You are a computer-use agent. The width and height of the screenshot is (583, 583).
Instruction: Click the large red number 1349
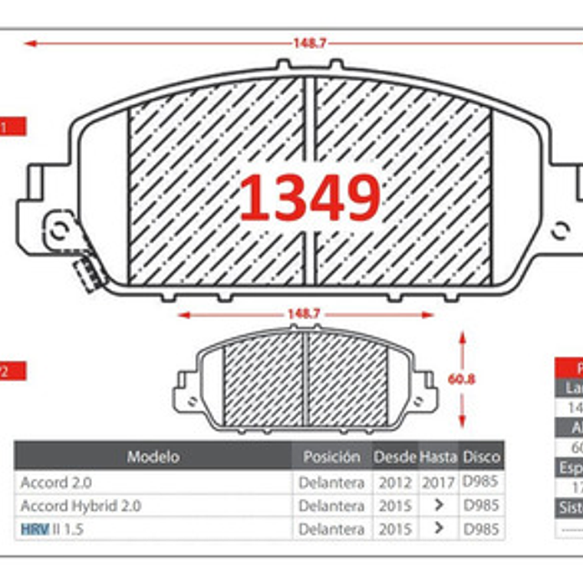tap(310, 198)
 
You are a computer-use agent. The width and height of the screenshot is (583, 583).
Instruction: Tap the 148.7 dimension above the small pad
tap(303, 314)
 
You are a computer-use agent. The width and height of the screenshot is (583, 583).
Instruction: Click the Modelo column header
tap(153, 456)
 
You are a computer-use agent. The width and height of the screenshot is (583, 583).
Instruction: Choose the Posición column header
tap(331, 456)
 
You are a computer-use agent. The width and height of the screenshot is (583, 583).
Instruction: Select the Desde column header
tap(395, 456)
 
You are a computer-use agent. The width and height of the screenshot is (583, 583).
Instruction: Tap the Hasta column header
tap(438, 456)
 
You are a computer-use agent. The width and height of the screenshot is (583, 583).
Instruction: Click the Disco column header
tap(482, 456)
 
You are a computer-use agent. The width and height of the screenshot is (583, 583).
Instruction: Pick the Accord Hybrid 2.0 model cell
tap(81, 506)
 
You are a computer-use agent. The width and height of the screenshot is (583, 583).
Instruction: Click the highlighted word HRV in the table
tap(35, 529)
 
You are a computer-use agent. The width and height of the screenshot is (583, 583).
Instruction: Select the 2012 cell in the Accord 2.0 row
tap(395, 483)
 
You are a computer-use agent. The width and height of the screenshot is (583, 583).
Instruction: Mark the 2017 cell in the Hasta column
tap(438, 483)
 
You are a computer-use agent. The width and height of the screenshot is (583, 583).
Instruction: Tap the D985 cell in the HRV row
tap(481, 529)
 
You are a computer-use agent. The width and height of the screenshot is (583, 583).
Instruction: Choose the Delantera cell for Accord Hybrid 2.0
tap(331, 506)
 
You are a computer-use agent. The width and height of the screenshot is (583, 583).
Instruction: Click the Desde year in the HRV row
tap(395, 529)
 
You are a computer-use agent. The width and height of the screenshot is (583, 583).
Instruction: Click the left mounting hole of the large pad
tap(58, 228)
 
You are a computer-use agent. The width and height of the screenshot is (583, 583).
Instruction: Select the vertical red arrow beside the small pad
tap(462, 380)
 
